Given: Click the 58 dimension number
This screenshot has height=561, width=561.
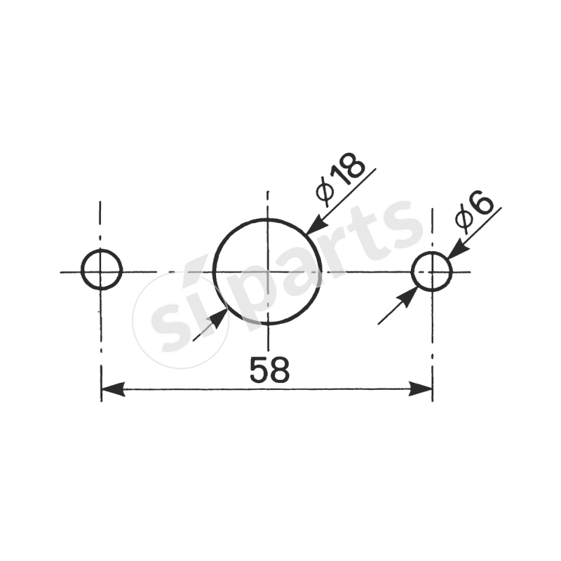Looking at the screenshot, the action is pyautogui.click(x=269, y=370).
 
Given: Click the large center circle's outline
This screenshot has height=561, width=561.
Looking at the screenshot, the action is pyautogui.click(x=267, y=219).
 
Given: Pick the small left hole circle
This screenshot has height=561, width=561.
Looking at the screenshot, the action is pyautogui.click(x=102, y=250).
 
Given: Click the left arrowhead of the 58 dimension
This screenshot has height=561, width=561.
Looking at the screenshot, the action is pyautogui.click(x=113, y=389).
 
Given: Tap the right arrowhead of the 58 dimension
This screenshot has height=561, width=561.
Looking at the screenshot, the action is pyautogui.click(x=421, y=389).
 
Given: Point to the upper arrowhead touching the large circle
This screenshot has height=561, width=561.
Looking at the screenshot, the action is pyautogui.click(x=316, y=225).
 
